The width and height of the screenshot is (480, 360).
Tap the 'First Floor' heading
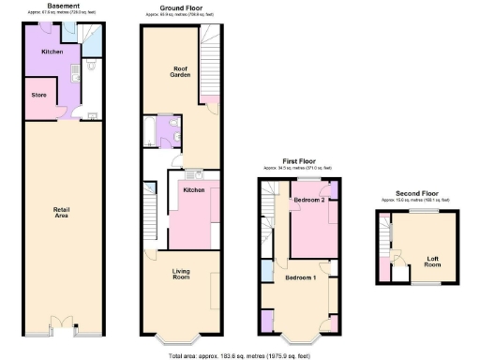[297, 160]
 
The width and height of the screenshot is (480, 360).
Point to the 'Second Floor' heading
[413, 192]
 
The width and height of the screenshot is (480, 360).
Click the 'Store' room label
[38, 94]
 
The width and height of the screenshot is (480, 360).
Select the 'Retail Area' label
[63, 214]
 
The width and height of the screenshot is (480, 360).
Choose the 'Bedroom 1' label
[300, 278]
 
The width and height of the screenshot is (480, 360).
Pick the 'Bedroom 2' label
[309, 201]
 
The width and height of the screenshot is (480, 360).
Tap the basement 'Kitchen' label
[52, 52]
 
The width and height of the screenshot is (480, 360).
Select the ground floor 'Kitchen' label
[194, 190]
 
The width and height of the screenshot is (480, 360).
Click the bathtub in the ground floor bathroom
[150, 131]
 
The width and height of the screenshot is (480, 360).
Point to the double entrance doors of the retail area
[63, 326]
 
